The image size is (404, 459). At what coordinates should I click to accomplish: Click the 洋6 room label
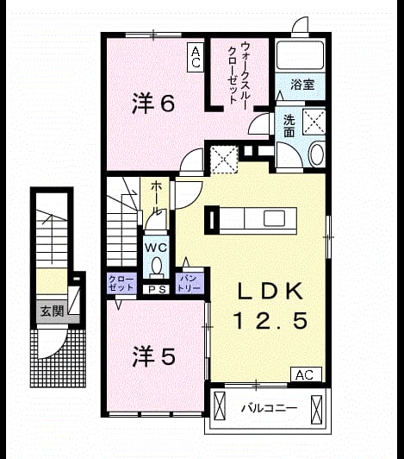(153, 103)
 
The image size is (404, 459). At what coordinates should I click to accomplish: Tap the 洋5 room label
(154, 356)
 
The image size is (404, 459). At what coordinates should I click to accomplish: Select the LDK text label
(270, 291)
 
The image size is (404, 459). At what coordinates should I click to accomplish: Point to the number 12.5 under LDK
(270, 320)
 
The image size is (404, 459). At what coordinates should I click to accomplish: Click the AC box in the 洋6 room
(196, 57)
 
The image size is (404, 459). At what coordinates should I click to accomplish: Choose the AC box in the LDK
(306, 374)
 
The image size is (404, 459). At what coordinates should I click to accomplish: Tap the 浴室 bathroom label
(302, 85)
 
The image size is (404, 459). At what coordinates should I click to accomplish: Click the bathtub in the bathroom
(301, 54)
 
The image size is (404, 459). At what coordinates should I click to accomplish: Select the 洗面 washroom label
(289, 126)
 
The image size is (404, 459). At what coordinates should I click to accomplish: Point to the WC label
(156, 248)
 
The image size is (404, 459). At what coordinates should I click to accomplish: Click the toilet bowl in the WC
(157, 266)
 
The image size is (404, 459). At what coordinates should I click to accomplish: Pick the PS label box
(157, 290)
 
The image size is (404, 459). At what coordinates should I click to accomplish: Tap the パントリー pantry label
(190, 283)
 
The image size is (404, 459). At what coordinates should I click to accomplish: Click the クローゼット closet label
(121, 283)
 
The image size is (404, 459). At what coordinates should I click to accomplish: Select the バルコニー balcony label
(270, 408)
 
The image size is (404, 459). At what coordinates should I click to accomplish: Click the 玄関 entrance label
(53, 311)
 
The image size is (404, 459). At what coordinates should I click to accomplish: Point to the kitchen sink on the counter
(274, 218)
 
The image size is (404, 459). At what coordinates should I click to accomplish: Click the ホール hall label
(157, 198)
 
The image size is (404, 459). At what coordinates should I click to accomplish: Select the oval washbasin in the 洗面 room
(317, 154)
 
